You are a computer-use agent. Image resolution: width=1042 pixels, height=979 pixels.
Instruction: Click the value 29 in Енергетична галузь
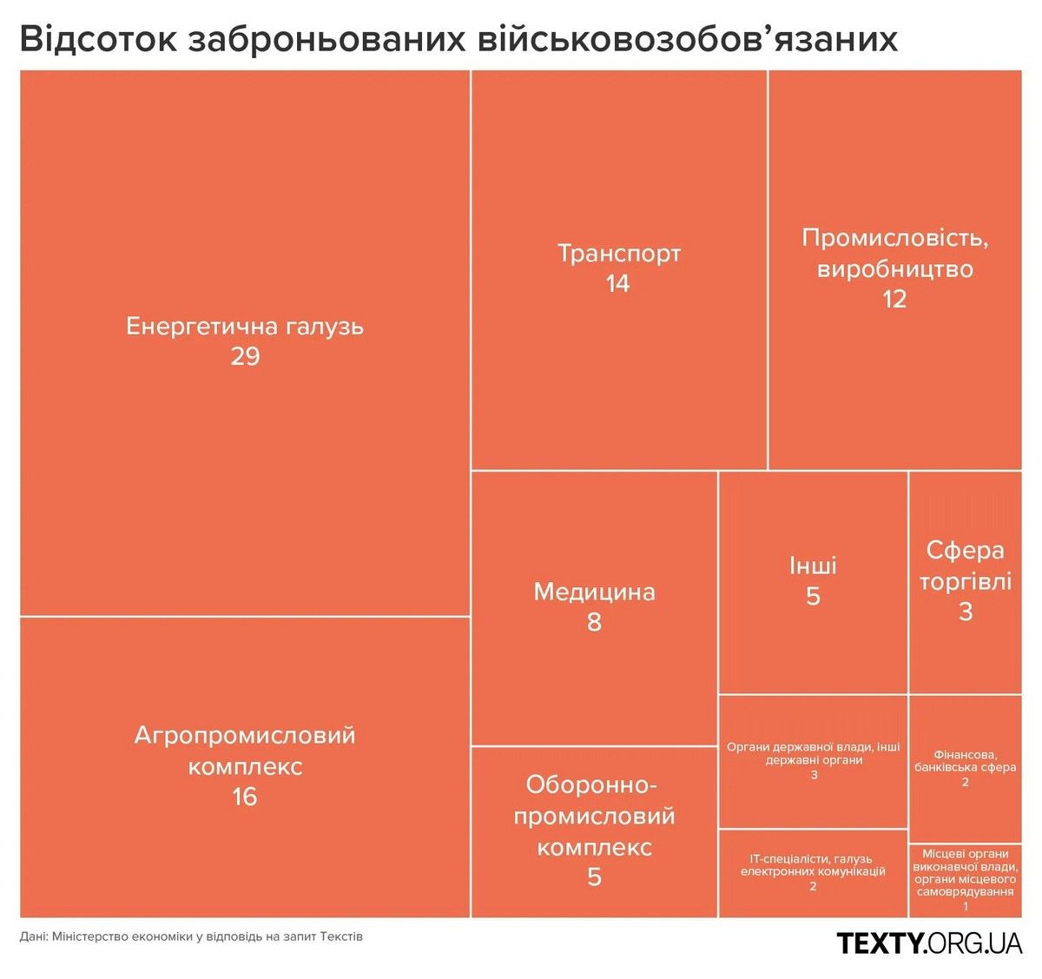pyautogui.click(x=245, y=356)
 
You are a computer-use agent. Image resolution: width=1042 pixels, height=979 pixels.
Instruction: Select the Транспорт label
pyautogui.click(x=618, y=254)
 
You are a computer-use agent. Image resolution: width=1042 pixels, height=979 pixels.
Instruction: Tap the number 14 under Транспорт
pyautogui.click(x=617, y=284)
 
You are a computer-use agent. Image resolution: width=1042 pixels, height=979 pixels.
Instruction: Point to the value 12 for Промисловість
pyautogui.click(x=894, y=300)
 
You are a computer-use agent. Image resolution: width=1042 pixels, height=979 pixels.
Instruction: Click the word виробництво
pyautogui.click(x=894, y=269)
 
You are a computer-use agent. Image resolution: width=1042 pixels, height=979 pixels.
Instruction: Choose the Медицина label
pyautogui.click(x=594, y=592)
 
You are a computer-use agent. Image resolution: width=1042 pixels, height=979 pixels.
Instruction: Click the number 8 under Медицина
pyautogui.click(x=594, y=623)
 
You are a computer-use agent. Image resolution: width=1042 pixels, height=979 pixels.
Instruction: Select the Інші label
pyautogui.click(x=813, y=566)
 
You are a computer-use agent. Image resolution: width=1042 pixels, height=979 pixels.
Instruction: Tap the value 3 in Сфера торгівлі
pyautogui.click(x=965, y=612)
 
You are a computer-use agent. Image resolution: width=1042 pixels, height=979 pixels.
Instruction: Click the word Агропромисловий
pyautogui.click(x=245, y=736)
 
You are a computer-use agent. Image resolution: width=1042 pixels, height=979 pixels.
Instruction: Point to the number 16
pyautogui.click(x=245, y=797)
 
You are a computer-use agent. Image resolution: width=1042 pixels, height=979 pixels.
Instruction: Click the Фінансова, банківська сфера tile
pyautogui.click(x=965, y=768)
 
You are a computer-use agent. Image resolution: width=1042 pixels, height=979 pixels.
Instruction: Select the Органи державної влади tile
pyautogui.click(x=814, y=760)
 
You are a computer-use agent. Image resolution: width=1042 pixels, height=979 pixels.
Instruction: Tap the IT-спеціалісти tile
pyautogui.click(x=813, y=871)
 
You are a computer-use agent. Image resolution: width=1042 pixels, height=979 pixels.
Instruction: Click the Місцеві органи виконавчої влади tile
pyautogui.click(x=965, y=879)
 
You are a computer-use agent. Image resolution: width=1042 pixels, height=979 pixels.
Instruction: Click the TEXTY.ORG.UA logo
pyautogui.click(x=929, y=943)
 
